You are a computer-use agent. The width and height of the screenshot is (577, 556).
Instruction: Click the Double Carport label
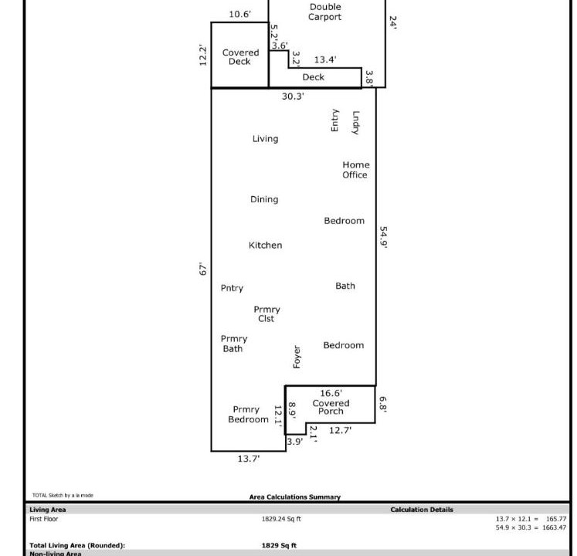(x=325, y=12)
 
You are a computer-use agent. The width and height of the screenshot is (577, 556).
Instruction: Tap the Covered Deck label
(x=240, y=57)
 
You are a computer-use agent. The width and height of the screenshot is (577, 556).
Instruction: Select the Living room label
(x=265, y=139)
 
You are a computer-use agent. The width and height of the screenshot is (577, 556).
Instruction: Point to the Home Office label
(x=355, y=170)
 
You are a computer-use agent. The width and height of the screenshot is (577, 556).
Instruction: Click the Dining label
(x=264, y=199)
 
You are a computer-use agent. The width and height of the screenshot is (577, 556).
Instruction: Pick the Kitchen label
(x=265, y=245)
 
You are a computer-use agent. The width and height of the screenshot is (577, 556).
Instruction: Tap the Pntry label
(x=232, y=288)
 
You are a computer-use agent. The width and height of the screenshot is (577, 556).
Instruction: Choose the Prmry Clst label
(x=266, y=314)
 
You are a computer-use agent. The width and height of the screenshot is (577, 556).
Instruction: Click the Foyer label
(x=297, y=357)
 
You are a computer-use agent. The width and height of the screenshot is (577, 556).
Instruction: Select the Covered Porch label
(x=331, y=407)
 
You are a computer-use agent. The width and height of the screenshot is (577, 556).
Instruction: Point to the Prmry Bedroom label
(x=248, y=415)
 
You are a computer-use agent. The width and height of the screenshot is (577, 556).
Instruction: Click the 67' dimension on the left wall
(x=202, y=269)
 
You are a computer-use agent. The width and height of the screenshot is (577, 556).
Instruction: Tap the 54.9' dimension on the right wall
(x=383, y=237)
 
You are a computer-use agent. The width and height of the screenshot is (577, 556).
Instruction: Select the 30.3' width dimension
(x=293, y=96)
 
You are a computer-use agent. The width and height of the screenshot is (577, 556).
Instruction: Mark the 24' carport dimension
(x=393, y=22)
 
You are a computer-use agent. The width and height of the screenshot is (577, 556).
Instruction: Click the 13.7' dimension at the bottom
(x=249, y=459)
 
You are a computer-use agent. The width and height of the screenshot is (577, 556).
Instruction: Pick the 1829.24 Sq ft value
(x=281, y=519)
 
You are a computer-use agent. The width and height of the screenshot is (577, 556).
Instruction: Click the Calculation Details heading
(x=422, y=510)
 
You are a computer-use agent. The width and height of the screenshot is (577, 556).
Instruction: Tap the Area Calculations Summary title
(x=295, y=497)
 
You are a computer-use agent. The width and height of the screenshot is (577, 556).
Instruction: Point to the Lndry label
(x=355, y=122)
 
